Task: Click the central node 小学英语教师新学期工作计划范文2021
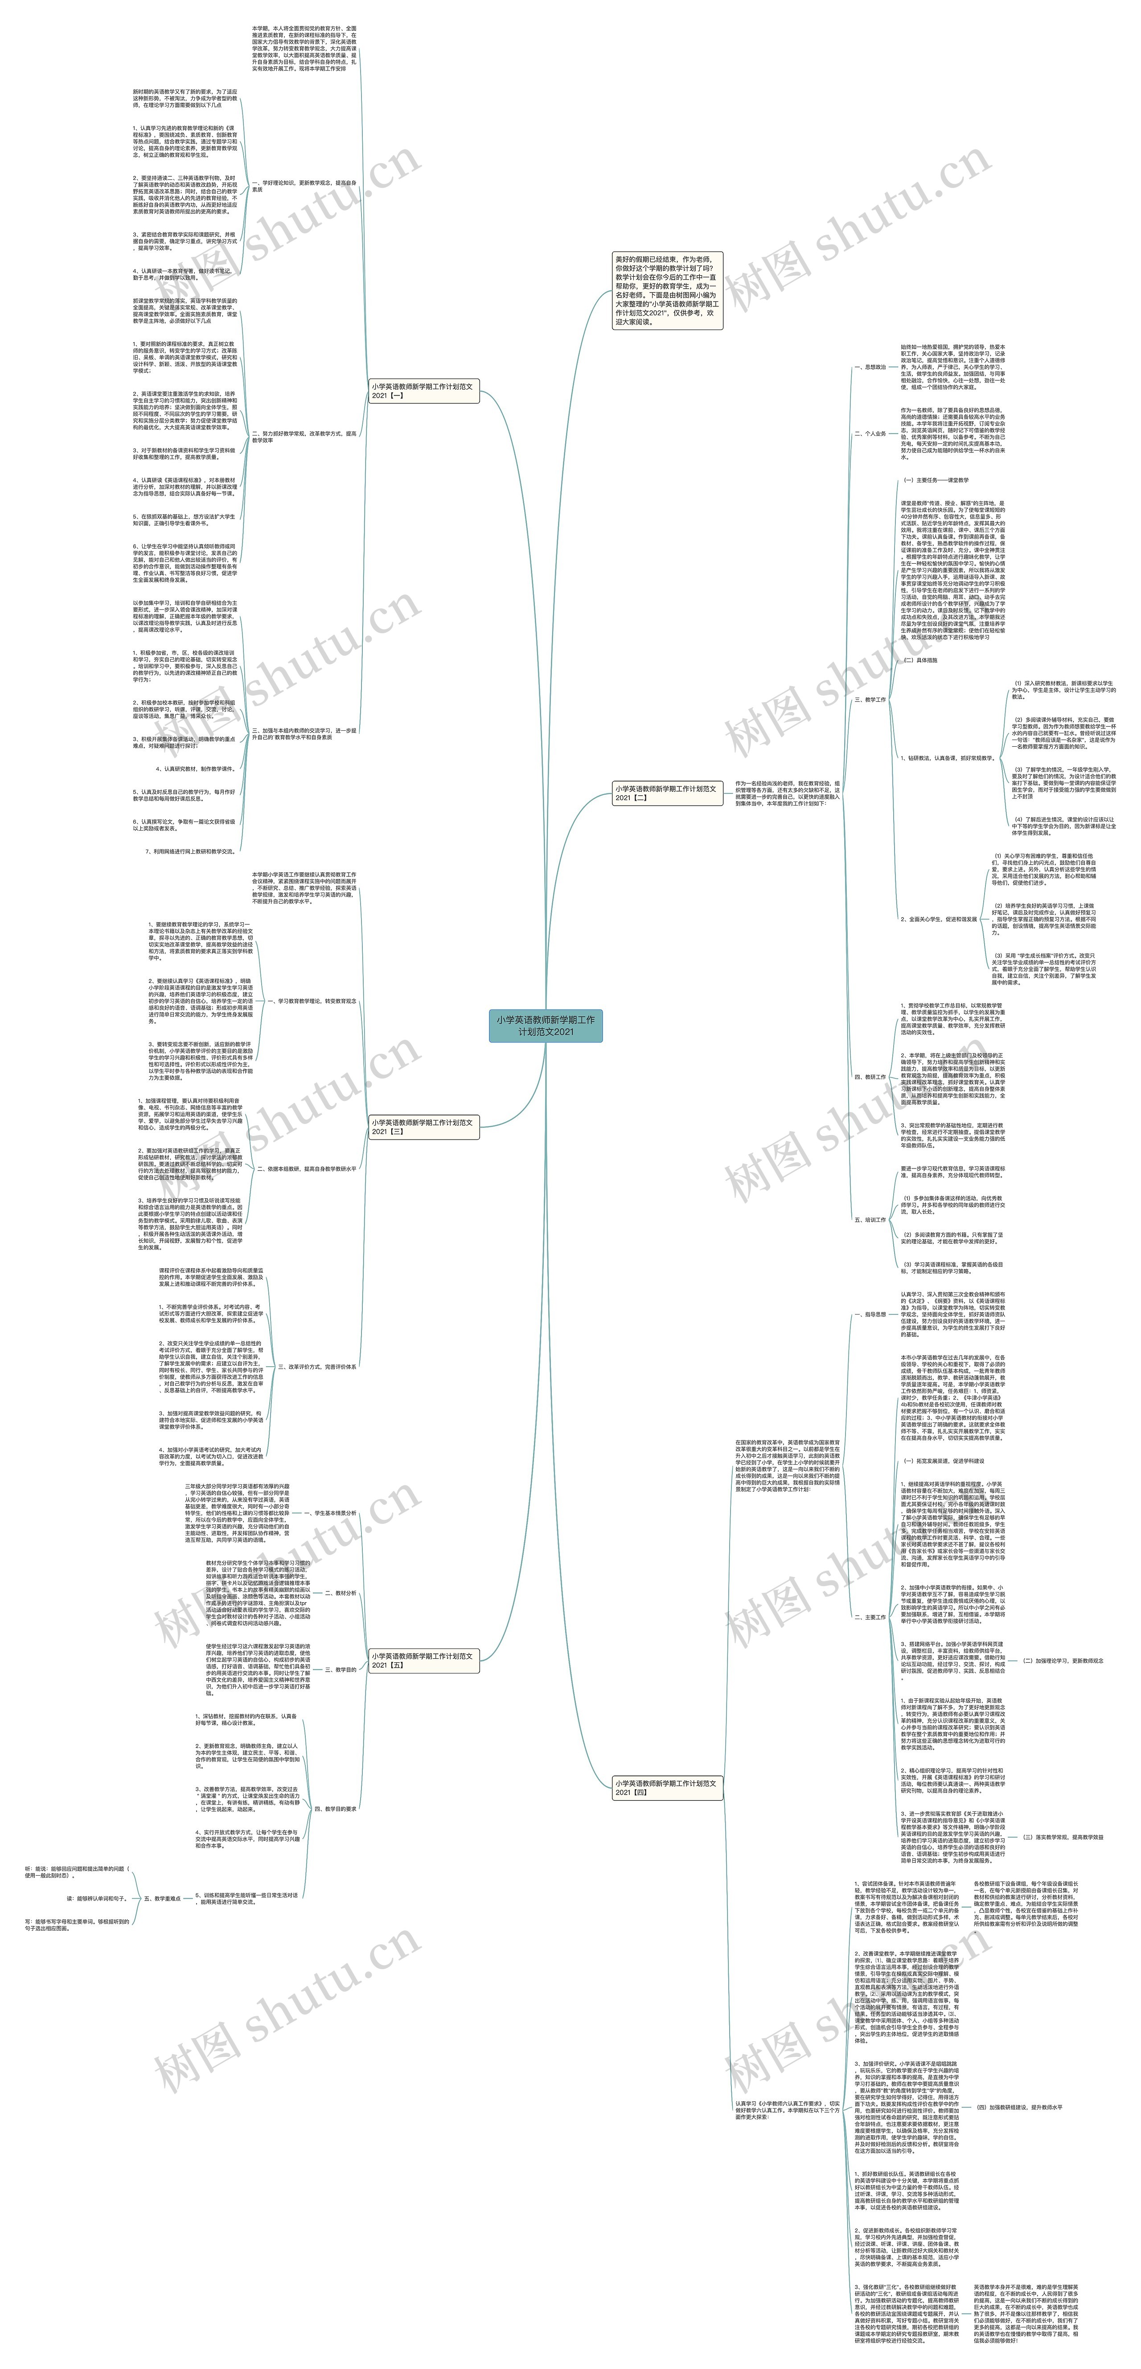(x=546, y=1026)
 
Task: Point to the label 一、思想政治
(x=870, y=367)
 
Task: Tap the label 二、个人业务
(x=870, y=434)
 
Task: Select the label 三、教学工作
(x=870, y=700)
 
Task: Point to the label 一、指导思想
(x=870, y=1314)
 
